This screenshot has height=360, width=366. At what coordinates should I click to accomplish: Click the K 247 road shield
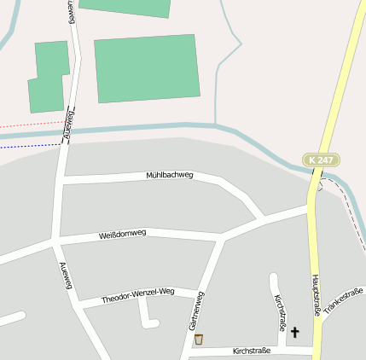point(320,160)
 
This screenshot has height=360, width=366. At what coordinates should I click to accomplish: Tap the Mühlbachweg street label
point(170,175)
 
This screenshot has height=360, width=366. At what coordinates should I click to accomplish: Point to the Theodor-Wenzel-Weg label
point(137,296)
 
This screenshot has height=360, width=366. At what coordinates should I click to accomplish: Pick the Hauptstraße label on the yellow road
point(316,295)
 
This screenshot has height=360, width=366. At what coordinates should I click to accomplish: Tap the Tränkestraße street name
point(344,300)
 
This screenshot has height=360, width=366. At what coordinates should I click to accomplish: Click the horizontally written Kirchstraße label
point(252,351)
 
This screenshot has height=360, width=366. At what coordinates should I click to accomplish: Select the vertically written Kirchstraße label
point(280,313)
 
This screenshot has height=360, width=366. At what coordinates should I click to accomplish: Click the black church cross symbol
point(296,332)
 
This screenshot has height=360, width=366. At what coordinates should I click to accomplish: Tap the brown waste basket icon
point(199,340)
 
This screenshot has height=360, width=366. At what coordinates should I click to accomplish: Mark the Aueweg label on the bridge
point(71,125)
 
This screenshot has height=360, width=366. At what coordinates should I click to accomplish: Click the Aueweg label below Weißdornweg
point(65,275)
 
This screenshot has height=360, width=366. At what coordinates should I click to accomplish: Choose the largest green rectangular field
point(147,69)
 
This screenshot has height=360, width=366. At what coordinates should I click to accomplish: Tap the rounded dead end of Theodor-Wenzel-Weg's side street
point(154,322)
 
